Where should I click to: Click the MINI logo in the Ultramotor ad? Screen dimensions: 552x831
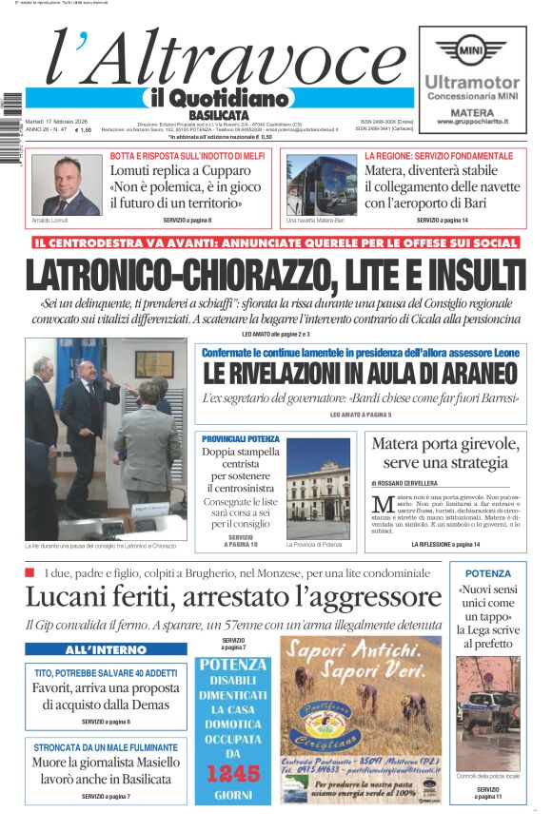click(x=483, y=49)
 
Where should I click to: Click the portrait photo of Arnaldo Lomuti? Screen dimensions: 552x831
click(x=66, y=184)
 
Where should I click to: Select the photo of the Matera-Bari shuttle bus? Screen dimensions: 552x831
click(x=322, y=184)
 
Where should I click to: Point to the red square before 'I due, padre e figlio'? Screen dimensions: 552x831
click(x=30, y=572)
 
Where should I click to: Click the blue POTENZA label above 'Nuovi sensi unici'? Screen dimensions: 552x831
click(x=488, y=573)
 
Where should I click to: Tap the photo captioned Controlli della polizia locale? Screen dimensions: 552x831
click(x=488, y=714)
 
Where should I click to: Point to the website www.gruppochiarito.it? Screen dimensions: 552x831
click(x=472, y=122)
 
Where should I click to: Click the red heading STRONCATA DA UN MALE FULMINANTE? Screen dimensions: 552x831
click(x=106, y=747)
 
